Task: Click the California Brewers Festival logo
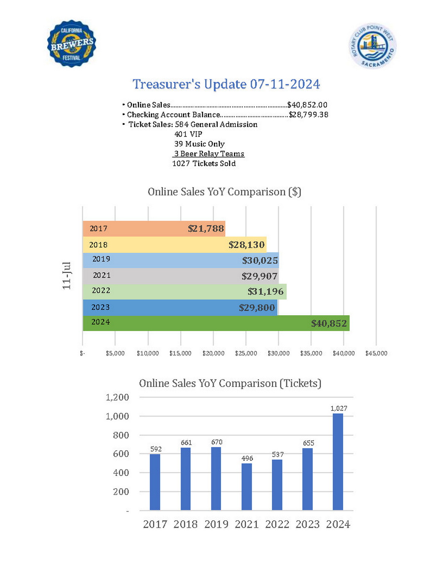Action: pos(72,44)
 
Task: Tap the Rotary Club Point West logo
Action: pos(373,46)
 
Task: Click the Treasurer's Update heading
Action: pos(226,84)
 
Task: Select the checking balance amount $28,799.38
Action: pos(309,115)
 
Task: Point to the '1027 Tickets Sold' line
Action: pos(204,164)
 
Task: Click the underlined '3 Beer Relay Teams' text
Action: pos(209,154)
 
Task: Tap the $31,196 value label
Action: pos(265,291)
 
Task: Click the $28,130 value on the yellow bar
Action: pos(246,245)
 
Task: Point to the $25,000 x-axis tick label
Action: pos(246,353)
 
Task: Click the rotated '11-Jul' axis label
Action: pos(67,275)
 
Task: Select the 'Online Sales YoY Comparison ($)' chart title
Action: pos(224,192)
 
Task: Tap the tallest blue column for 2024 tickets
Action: pos(338,462)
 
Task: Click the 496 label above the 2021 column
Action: pos(247,458)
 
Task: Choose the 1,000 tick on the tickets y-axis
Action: pos(117,416)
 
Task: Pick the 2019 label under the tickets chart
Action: pos(216,524)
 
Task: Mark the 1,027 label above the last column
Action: pos(339,408)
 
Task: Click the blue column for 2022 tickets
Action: pos(277,485)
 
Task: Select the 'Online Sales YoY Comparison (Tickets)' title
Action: pos(230,384)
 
